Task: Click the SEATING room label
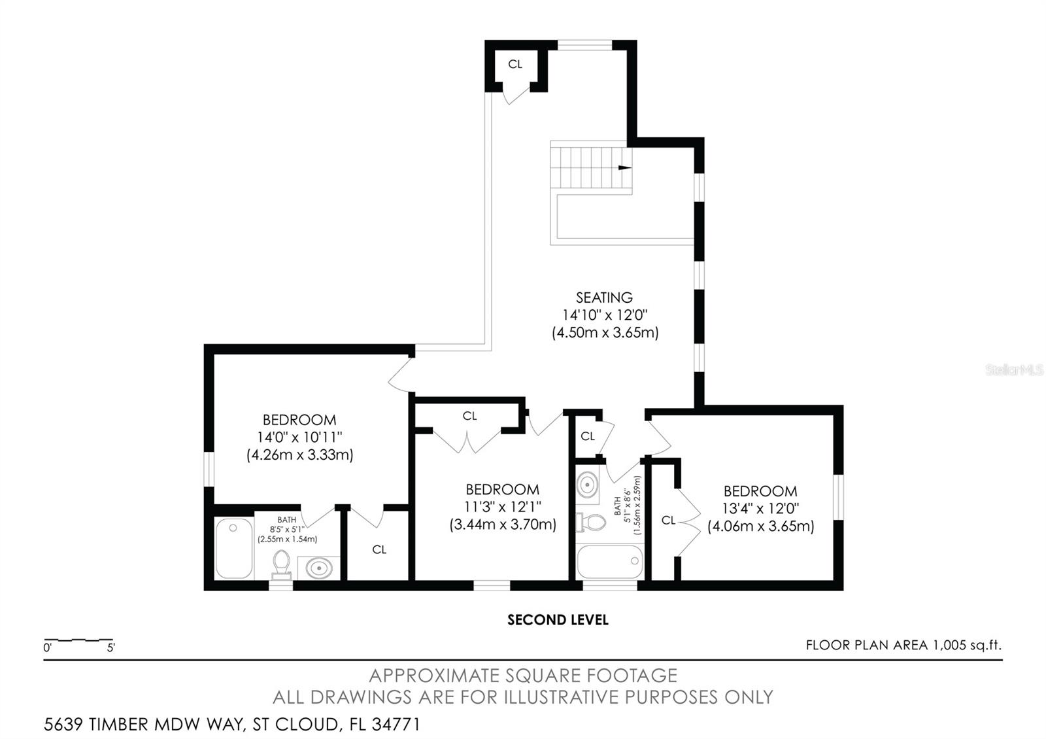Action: pyautogui.click(x=604, y=298)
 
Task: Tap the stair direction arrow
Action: pyautogui.click(x=625, y=167)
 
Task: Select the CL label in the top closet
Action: pyautogui.click(x=515, y=65)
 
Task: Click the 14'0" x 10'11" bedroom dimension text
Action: pyautogui.click(x=299, y=438)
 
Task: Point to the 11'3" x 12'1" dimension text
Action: pyautogui.click(x=503, y=507)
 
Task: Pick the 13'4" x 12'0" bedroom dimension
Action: pyautogui.click(x=761, y=508)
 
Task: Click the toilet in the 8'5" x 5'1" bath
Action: pyautogui.click(x=281, y=564)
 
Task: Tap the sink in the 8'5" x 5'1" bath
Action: pyautogui.click(x=319, y=568)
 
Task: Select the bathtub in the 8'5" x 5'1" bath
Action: pyautogui.click(x=235, y=549)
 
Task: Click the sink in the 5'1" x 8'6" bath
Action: pyautogui.click(x=588, y=485)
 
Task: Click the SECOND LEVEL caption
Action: pyautogui.click(x=558, y=620)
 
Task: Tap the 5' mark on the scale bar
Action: pyautogui.click(x=110, y=648)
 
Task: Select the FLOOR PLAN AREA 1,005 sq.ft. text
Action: pyautogui.click(x=903, y=645)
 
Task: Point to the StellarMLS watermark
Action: pyautogui.click(x=1014, y=370)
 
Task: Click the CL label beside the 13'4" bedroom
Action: pyautogui.click(x=668, y=521)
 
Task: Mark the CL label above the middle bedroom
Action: pyautogui.click(x=470, y=416)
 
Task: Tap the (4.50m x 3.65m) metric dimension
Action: pyautogui.click(x=605, y=333)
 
